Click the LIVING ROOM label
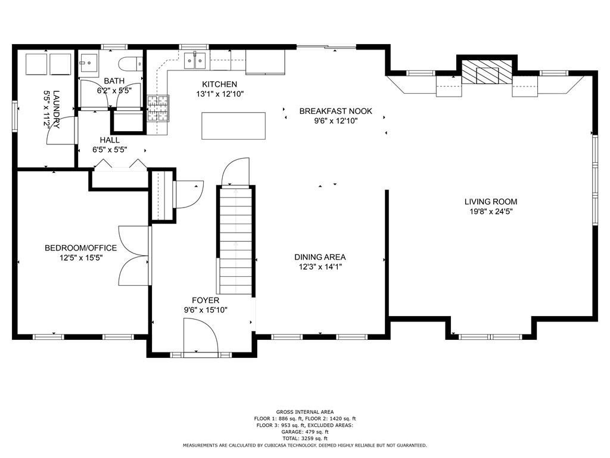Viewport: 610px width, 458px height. pos(491,202)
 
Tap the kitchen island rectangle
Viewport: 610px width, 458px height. pos(234,125)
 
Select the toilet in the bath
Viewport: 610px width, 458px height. pos(130,64)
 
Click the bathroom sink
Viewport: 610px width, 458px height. pos(89,62)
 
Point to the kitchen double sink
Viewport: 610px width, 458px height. pos(195,61)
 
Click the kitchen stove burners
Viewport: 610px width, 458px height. pos(158,108)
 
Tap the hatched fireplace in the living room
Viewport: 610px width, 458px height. pos(487,72)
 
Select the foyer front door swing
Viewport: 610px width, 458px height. pos(201,335)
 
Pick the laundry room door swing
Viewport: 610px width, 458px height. pos(61,131)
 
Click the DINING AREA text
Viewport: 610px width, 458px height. pos(320,257)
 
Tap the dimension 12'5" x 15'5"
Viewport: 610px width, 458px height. pos(81,258)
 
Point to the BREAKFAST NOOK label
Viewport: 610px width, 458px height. pos(336,111)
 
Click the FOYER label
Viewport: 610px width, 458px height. pos(206,301)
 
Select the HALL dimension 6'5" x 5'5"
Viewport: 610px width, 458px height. pos(110,150)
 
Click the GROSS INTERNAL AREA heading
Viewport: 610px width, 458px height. pos(305,411)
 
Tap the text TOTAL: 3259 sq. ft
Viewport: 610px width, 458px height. pos(305,438)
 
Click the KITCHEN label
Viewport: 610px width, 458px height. pos(219,84)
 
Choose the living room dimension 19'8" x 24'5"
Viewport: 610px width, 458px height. pos(491,212)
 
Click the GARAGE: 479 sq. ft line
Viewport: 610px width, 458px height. pos(305,432)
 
